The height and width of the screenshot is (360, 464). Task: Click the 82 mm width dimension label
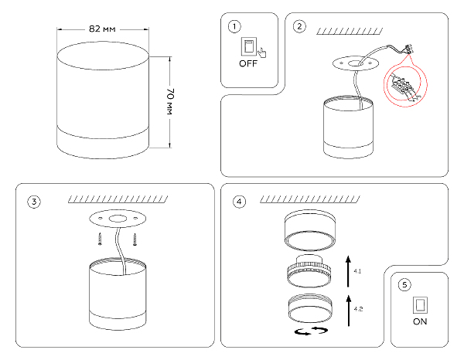click(x=102, y=29)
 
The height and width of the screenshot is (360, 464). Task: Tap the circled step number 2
click(x=299, y=27)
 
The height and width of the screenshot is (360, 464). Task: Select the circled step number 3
click(x=34, y=202)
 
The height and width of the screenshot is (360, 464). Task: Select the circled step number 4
click(x=239, y=202)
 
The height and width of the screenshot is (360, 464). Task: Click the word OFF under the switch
click(x=247, y=65)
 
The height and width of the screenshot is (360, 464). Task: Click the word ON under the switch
click(x=420, y=320)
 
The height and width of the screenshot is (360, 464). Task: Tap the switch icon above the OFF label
click(x=249, y=46)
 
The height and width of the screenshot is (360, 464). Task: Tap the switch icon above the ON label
click(x=420, y=302)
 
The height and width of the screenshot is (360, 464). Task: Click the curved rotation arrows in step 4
click(x=311, y=331)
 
